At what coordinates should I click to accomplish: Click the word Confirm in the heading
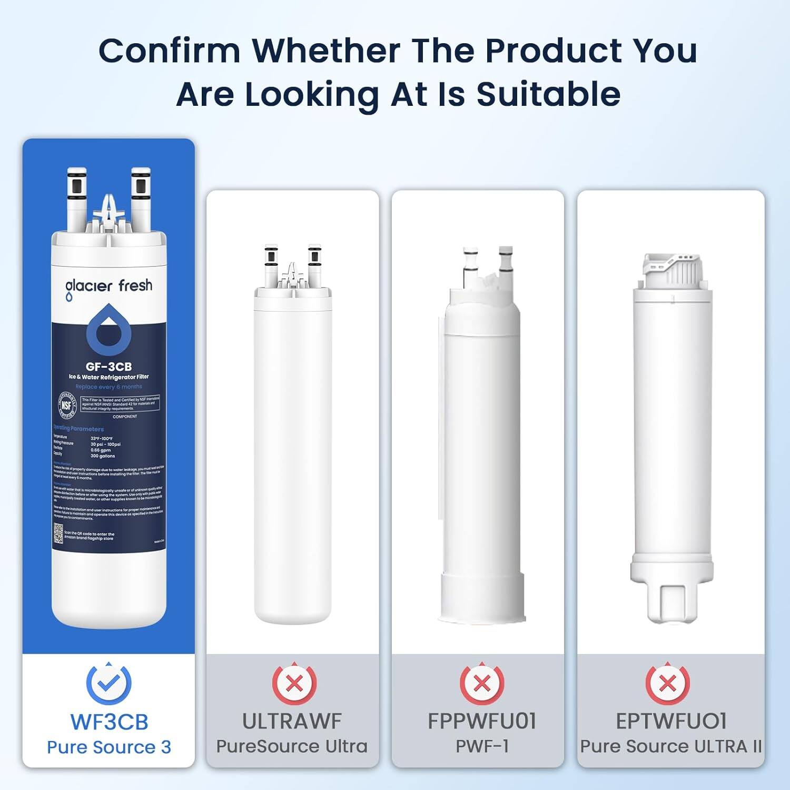coord(169,51)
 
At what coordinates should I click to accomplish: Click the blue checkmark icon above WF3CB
coord(108,683)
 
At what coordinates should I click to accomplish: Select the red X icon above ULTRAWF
coord(294,683)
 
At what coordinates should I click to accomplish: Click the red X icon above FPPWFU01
coord(481,683)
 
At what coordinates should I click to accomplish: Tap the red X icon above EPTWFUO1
coord(667,683)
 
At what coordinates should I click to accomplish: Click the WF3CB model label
coord(109,722)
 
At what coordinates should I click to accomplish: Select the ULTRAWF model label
coord(292,722)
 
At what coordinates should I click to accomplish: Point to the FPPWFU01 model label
coord(481,722)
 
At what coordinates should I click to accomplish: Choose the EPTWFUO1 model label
coord(671,722)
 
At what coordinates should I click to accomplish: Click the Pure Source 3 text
coord(109,747)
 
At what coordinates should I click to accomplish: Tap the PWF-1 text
coord(481,746)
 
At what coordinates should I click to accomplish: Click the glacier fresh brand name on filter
coord(108,286)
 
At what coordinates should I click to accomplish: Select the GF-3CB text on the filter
coord(108,367)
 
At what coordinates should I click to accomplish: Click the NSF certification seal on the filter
coord(67,406)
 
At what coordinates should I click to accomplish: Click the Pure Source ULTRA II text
coord(671,746)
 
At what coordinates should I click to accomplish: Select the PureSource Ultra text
coord(292,746)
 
